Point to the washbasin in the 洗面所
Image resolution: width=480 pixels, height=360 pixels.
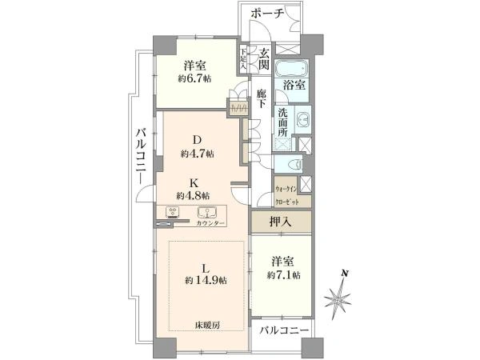point(302,121)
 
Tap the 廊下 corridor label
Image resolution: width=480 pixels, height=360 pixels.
point(261,99)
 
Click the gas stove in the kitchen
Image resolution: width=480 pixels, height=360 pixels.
point(173,213)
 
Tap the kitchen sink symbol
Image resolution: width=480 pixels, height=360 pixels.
point(207,213)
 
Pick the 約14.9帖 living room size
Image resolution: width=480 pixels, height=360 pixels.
point(206,280)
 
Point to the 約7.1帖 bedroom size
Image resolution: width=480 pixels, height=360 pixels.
point(285,275)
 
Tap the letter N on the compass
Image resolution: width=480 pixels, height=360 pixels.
point(344,273)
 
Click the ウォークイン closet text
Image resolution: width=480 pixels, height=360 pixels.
point(286,189)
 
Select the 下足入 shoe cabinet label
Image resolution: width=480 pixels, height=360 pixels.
point(243,60)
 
